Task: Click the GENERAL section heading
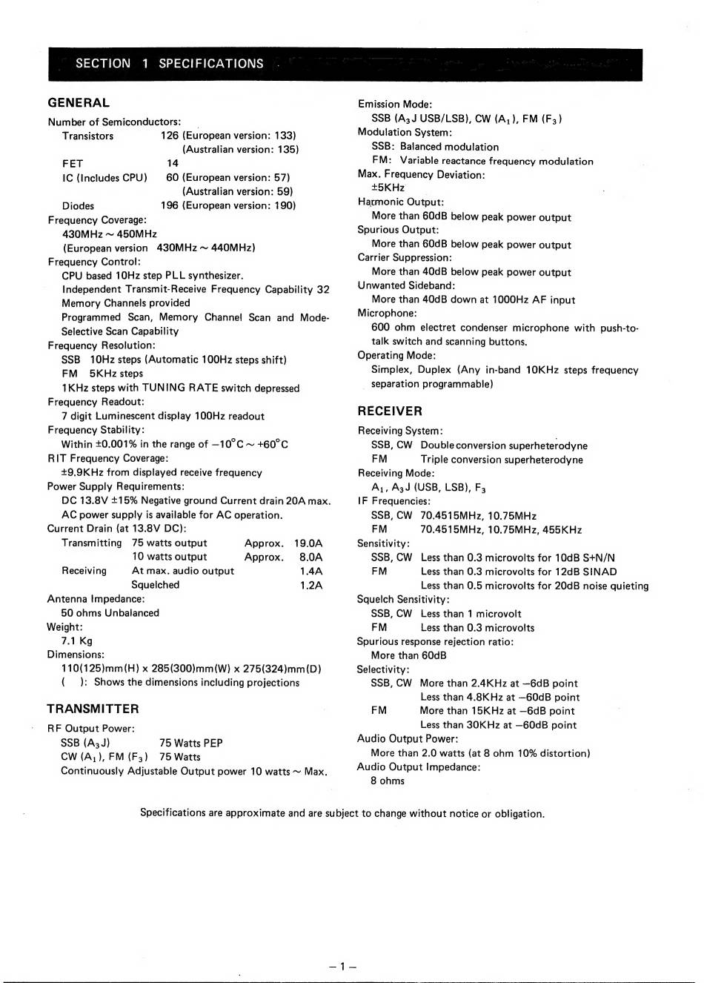click(x=79, y=103)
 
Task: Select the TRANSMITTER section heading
click(x=93, y=709)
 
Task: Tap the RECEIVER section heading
click(x=390, y=411)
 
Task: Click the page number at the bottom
click(x=342, y=966)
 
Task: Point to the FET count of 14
click(x=173, y=163)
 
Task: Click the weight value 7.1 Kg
click(x=77, y=641)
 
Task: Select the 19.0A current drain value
click(x=308, y=543)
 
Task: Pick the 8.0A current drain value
click(x=311, y=557)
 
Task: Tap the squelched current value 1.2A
click(x=311, y=585)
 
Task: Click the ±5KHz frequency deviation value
click(x=388, y=188)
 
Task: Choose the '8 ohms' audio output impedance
click(x=388, y=781)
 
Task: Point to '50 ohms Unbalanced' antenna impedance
click(x=110, y=613)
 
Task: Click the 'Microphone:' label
click(x=387, y=314)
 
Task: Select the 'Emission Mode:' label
click(x=395, y=105)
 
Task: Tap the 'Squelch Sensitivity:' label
click(x=403, y=600)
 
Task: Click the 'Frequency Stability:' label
click(x=96, y=430)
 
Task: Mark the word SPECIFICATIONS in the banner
click(x=211, y=64)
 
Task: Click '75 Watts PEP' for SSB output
click(x=190, y=743)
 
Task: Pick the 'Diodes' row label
click(x=78, y=206)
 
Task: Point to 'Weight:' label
click(x=65, y=627)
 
